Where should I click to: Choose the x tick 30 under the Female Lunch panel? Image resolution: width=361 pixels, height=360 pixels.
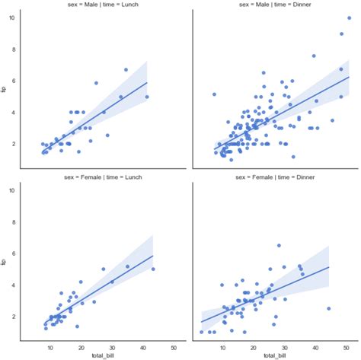112,345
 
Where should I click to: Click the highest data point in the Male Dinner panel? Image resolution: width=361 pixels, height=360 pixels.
350,17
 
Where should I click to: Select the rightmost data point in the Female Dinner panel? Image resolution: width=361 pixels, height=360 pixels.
328,308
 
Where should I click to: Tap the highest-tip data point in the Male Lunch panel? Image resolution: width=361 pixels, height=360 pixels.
126,69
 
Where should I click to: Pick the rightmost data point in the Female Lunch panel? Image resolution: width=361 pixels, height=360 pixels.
153,269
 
